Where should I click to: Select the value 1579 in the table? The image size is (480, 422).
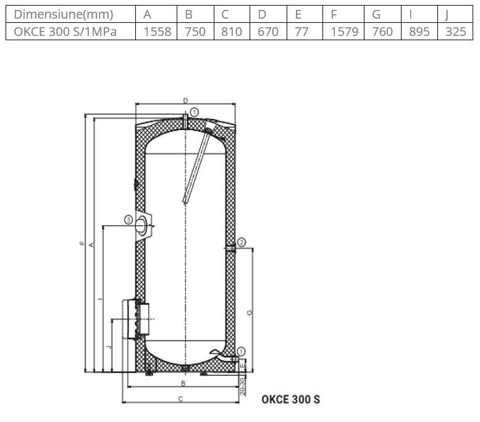pyautogui.click(x=344, y=32)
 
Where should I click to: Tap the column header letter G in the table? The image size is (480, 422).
pyautogui.click(x=376, y=14)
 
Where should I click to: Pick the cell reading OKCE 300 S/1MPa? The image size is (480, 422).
pyautogui.click(x=65, y=32)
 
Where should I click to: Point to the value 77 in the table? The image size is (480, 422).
pyautogui.click(x=301, y=32)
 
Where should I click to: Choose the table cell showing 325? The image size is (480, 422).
pyautogui.click(x=456, y=32)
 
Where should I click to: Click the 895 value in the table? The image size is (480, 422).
pyautogui.click(x=419, y=32)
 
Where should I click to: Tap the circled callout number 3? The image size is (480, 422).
pyautogui.click(x=128, y=220)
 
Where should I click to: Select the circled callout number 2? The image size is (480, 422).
pyautogui.click(x=242, y=243)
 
